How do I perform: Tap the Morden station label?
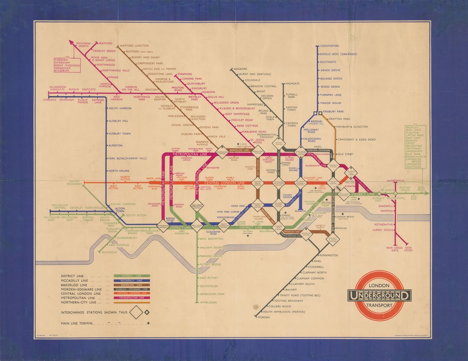click(264, 318)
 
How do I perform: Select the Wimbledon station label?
click(208, 302)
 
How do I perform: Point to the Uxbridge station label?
click(50, 100)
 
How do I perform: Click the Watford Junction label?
click(134, 46)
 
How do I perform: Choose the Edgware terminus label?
click(240, 69)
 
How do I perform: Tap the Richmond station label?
click(110, 252)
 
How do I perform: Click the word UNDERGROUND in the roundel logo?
click(379, 295)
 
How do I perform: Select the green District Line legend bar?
click(132, 276)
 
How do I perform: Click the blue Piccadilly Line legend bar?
click(132, 281)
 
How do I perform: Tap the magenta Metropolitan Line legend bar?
click(132, 298)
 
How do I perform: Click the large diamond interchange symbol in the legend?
click(136, 312)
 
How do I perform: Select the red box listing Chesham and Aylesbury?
click(67, 65)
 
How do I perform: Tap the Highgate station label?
click(293, 84)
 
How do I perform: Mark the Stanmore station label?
click(184, 74)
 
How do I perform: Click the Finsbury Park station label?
click(334, 112)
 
